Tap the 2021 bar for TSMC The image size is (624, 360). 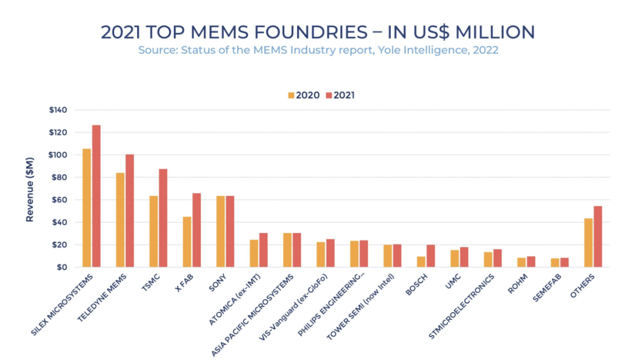tap(163, 218)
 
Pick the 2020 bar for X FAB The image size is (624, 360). tap(187, 242)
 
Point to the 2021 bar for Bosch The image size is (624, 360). tap(430, 256)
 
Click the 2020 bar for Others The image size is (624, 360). tap(589, 243)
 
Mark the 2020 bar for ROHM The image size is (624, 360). tap(521, 262)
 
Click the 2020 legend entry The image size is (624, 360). tap(304, 95)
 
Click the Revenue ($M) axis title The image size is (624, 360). tap(30, 189)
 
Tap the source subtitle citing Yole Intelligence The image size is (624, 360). tap(318, 50)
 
